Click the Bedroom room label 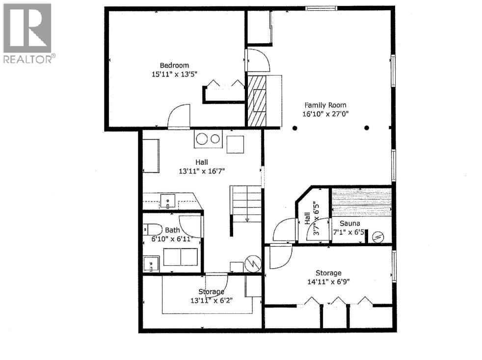point(174,65)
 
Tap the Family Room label point(325,105)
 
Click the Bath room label point(172,230)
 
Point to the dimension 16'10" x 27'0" point(325,114)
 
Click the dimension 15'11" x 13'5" point(174,75)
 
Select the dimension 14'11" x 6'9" point(328,282)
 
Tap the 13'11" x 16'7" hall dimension point(202,171)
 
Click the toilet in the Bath point(153,229)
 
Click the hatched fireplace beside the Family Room point(256,102)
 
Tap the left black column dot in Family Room point(295,128)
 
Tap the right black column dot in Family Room point(367,128)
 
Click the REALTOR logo point(28,33)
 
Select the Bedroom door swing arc point(178,116)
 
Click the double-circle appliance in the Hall point(208,139)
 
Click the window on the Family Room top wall point(321,8)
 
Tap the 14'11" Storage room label point(328,273)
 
